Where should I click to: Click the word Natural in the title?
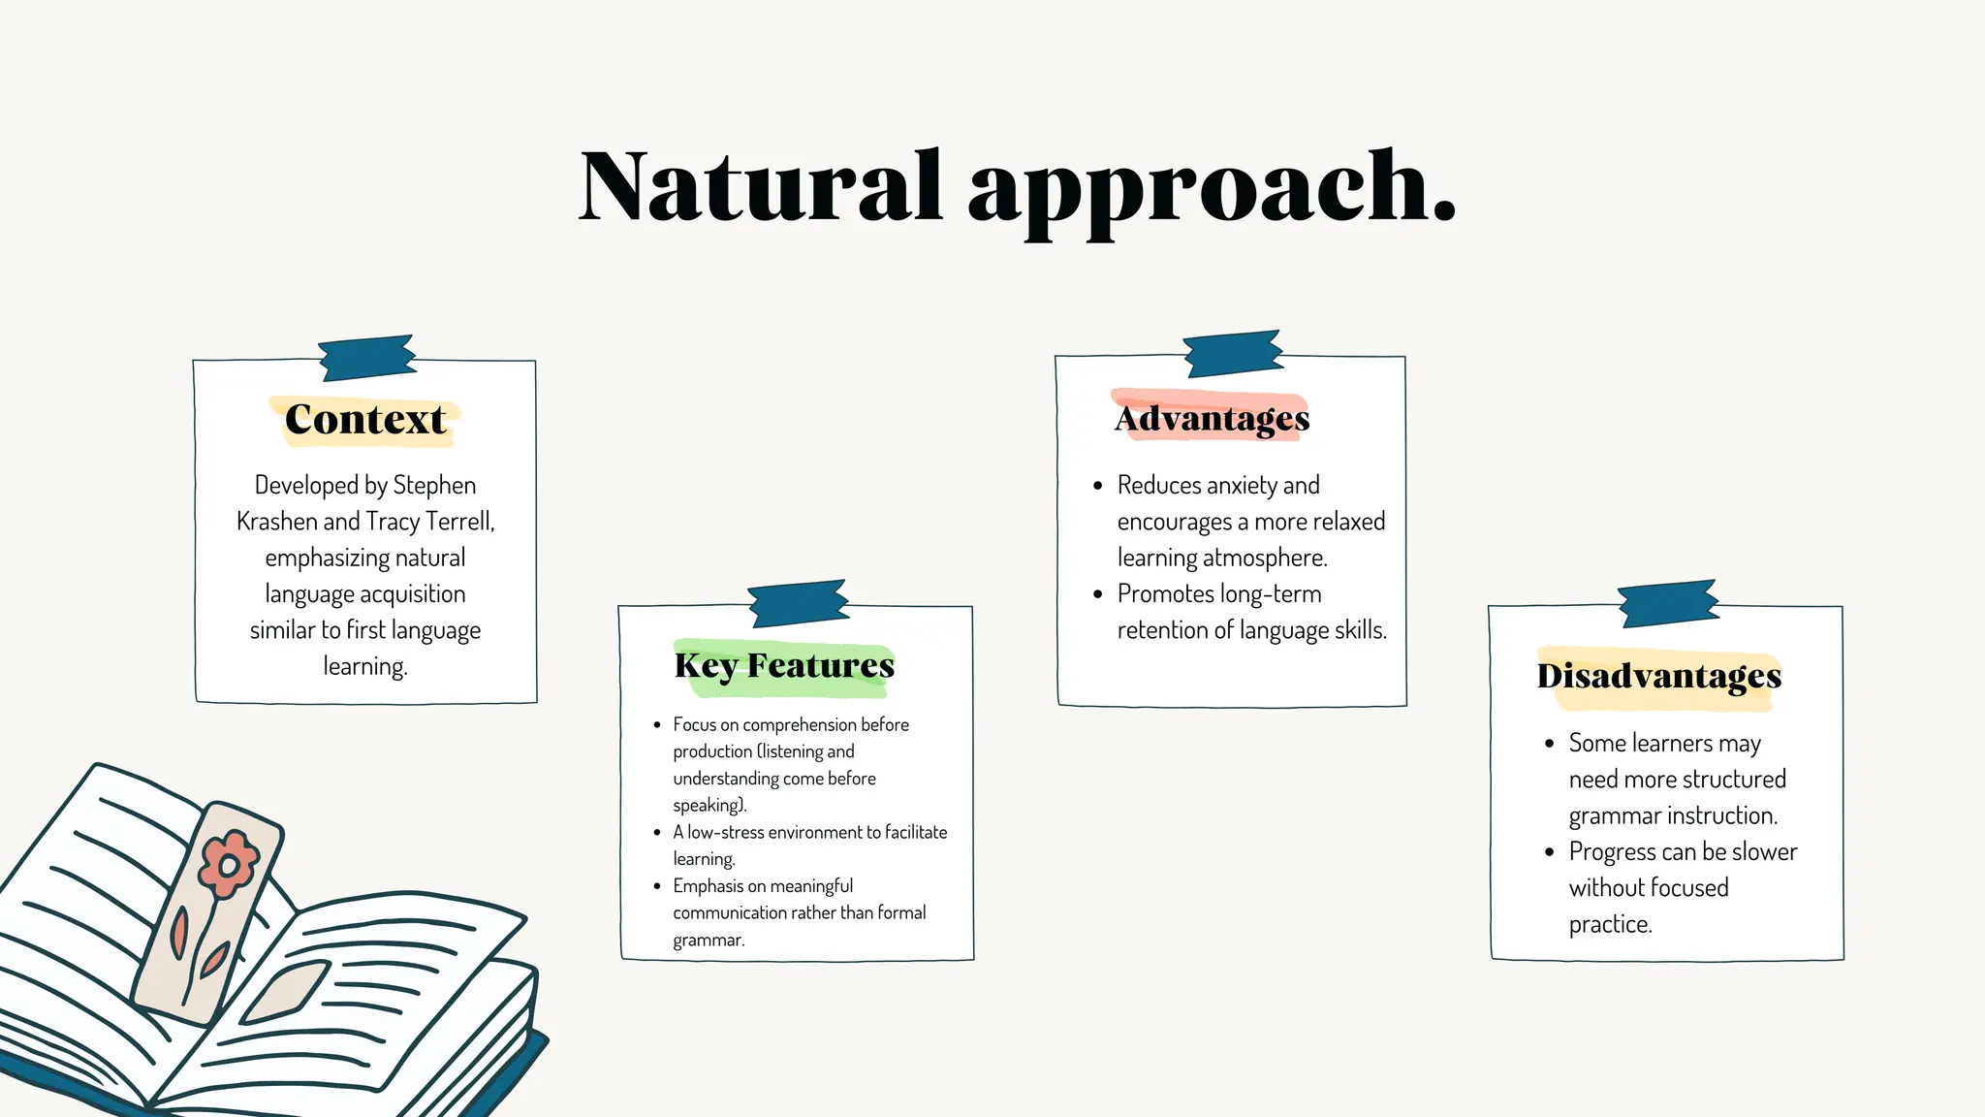(760, 186)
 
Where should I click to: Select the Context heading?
(365, 420)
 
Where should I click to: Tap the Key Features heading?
(784, 666)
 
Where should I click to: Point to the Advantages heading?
(1212, 418)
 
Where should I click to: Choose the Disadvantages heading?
(1658, 676)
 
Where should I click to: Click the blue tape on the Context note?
(367, 357)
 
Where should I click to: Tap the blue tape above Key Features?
(799, 603)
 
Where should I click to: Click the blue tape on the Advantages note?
(1233, 353)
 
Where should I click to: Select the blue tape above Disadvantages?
(1668, 603)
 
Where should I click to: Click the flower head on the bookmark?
(229, 862)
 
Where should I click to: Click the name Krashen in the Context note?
(277, 522)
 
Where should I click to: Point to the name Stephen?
(434, 485)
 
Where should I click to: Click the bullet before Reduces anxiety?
(1097, 486)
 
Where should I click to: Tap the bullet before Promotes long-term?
(1097, 594)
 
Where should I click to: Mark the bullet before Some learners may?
(1549, 744)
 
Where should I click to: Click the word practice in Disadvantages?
(1609, 924)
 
